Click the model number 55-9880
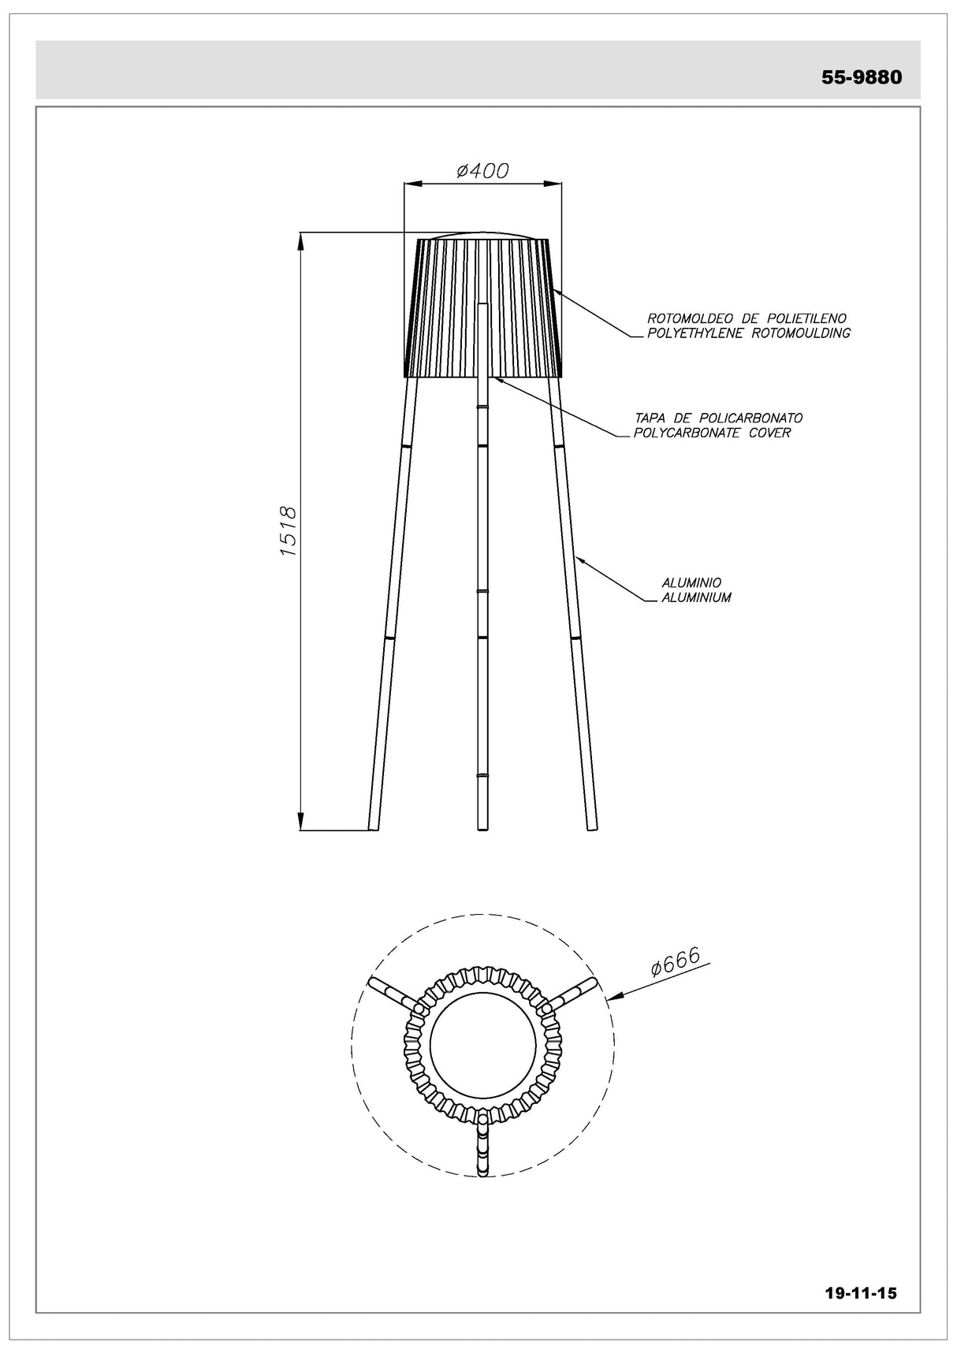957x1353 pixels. click(x=861, y=77)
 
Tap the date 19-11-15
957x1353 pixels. click(x=860, y=1293)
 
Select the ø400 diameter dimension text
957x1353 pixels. click(x=482, y=169)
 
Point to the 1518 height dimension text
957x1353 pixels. click(x=288, y=532)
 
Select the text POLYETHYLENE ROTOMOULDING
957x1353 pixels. click(x=748, y=333)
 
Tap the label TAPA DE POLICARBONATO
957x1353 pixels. click(x=719, y=418)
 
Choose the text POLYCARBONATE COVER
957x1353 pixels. click(x=713, y=433)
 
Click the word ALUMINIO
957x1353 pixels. click(x=691, y=583)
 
